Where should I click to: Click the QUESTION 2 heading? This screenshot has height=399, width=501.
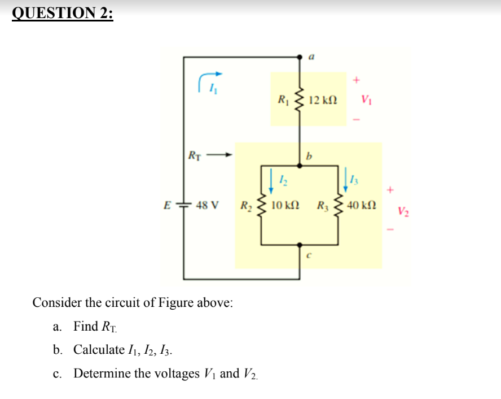pos(62,12)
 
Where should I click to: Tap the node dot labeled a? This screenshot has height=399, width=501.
pos(300,57)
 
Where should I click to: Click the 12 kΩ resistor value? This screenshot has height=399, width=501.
pos(324,100)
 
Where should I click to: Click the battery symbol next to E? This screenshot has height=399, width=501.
pos(184,204)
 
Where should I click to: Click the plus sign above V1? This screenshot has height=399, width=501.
pos(356,80)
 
